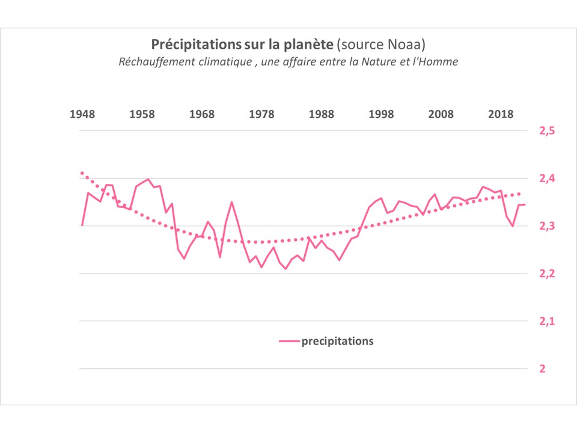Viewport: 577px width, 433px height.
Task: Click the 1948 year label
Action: pyautogui.click(x=82, y=115)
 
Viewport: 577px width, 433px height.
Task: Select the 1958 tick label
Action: pyautogui.click(x=142, y=115)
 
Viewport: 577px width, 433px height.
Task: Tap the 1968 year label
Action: pyautogui.click(x=202, y=115)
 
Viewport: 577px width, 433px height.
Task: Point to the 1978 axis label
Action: pyautogui.click(x=262, y=115)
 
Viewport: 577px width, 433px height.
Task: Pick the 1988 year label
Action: pyautogui.click(x=322, y=115)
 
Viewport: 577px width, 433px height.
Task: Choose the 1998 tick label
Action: pyautogui.click(x=381, y=115)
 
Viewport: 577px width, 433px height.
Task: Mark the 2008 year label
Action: pyautogui.click(x=441, y=115)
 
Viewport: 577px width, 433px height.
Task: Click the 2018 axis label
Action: pyautogui.click(x=501, y=115)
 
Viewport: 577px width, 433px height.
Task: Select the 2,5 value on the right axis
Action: pyautogui.click(x=546, y=131)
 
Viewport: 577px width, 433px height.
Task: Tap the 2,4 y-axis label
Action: pyautogui.click(x=546, y=179)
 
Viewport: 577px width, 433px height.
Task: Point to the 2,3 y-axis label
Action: pyautogui.click(x=546, y=226)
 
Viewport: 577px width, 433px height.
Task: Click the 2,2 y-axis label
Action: pyautogui.click(x=546, y=274)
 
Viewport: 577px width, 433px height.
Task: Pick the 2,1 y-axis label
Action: pyautogui.click(x=546, y=321)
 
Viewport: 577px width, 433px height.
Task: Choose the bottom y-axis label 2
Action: pyautogui.click(x=542, y=369)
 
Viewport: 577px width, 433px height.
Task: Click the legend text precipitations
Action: pyautogui.click(x=337, y=341)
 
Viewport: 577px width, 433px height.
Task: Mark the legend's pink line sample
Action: pyautogui.click(x=289, y=342)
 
